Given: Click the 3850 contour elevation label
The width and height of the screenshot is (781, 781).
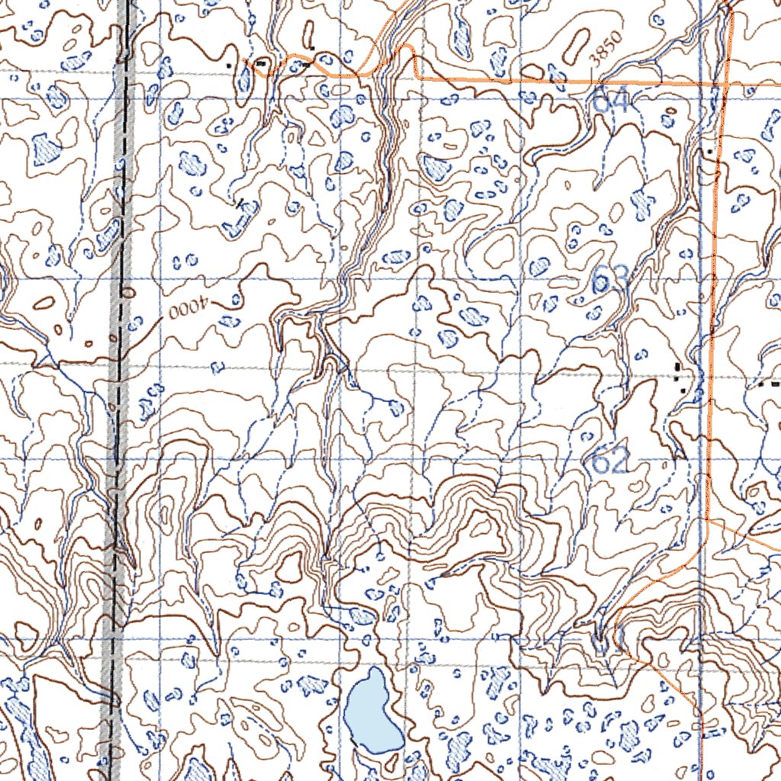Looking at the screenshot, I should tap(607, 47).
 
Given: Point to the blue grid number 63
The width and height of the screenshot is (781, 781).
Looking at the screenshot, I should tap(610, 281).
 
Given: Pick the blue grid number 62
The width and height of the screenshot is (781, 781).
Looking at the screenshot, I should tap(610, 461).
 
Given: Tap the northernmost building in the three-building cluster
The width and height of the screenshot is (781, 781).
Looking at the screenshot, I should tap(677, 367).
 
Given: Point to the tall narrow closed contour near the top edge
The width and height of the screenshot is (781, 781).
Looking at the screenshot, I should tap(309, 32).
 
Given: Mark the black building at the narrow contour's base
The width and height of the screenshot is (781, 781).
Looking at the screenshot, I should tap(312, 48).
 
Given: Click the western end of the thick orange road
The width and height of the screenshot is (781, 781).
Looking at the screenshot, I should tap(245, 59).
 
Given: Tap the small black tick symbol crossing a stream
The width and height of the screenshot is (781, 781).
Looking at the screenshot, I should tap(242, 203).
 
